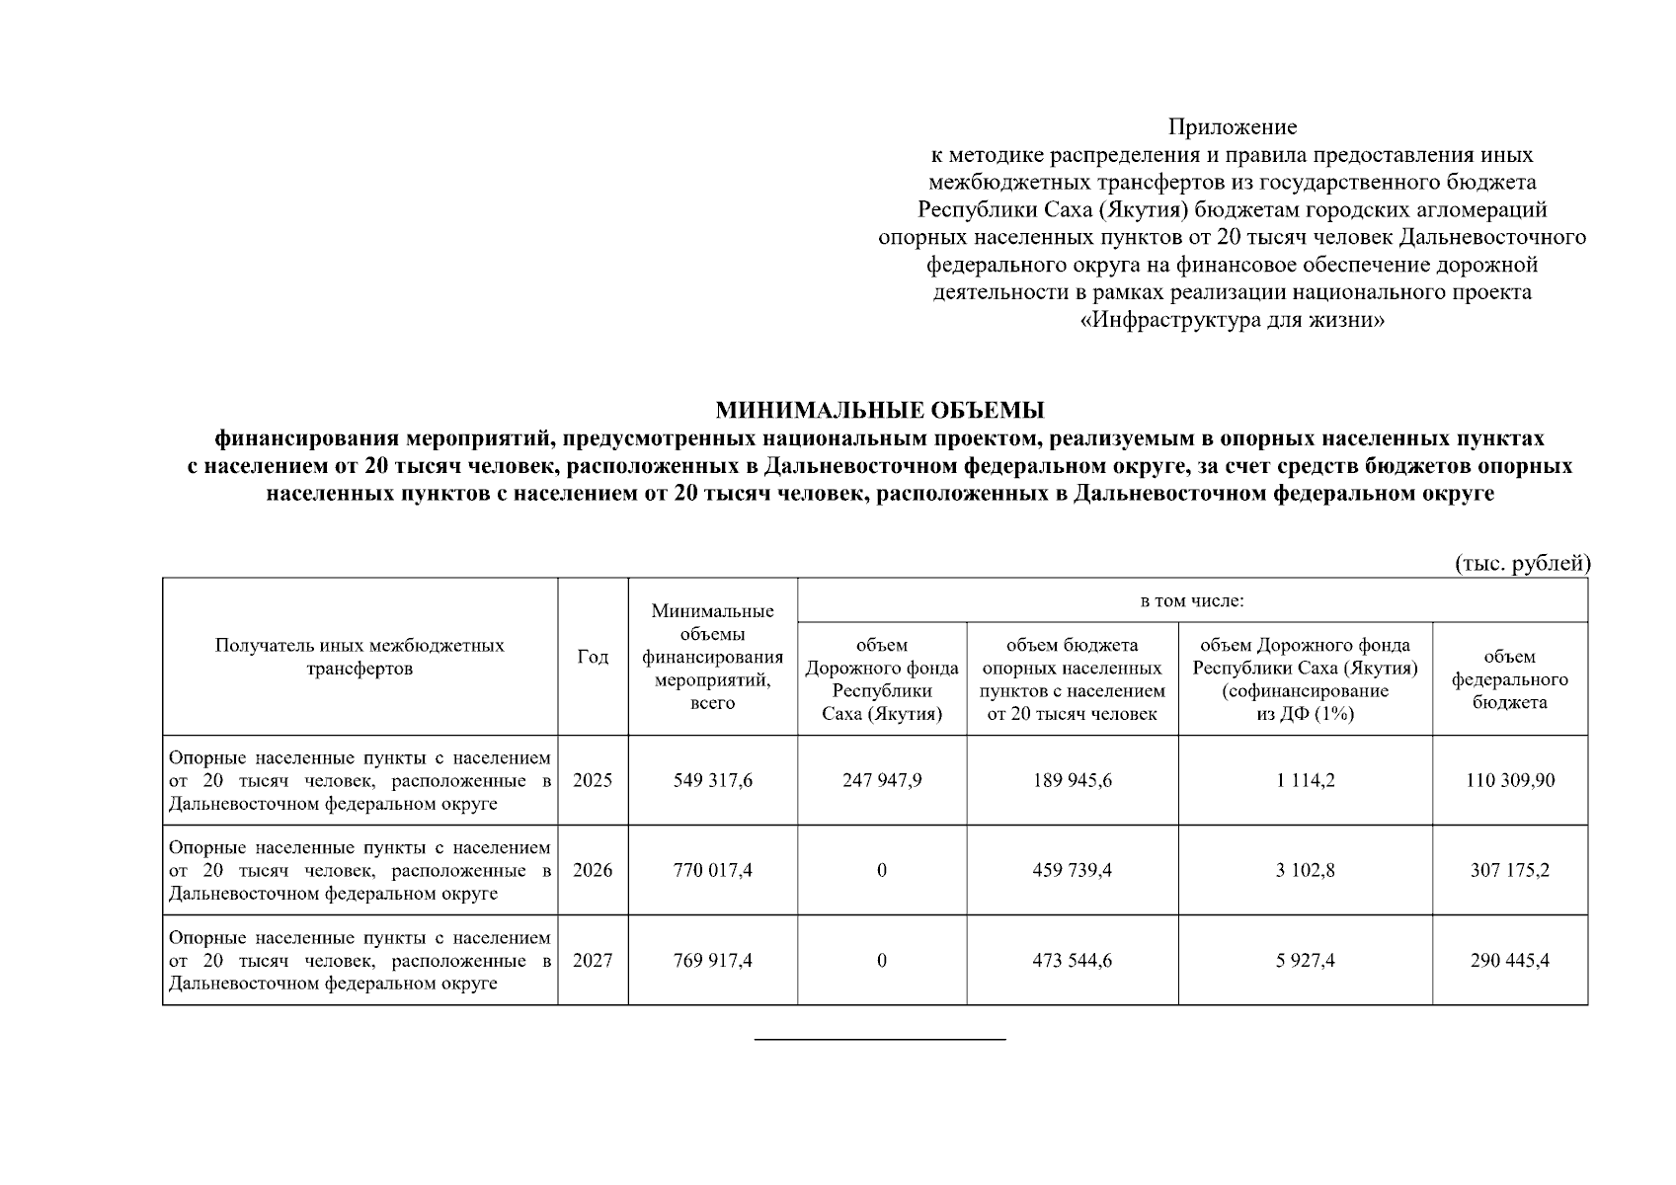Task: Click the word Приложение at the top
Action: click(x=1233, y=127)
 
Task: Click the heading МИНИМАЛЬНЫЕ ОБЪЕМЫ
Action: click(x=879, y=410)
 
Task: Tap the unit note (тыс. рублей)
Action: click(x=1522, y=563)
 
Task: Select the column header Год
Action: click(x=593, y=658)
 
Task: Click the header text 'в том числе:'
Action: click(x=1192, y=600)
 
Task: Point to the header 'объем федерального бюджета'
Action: click(x=1509, y=679)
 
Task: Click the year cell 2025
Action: click(x=593, y=780)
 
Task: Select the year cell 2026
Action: click(x=593, y=870)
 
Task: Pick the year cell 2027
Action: click(x=593, y=960)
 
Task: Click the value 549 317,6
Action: click(x=712, y=780)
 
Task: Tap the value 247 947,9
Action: click(x=882, y=780)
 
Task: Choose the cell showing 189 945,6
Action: click(x=1072, y=780)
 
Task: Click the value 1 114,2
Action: click(x=1305, y=780)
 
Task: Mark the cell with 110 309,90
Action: click(x=1510, y=780)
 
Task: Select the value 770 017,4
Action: click(x=712, y=870)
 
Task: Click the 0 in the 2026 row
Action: click(x=882, y=870)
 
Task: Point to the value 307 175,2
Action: click(x=1510, y=870)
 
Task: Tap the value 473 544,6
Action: click(x=1072, y=960)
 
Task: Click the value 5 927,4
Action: click(x=1305, y=960)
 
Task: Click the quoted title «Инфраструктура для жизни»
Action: click(x=1233, y=321)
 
